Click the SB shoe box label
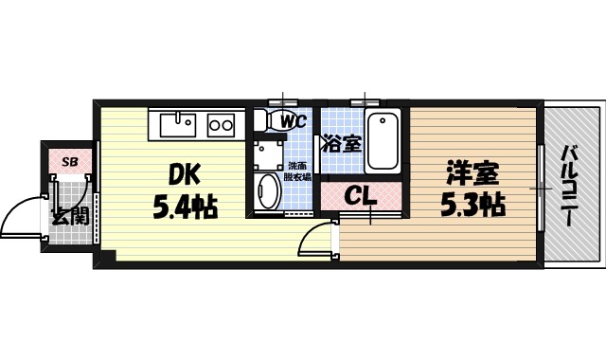70,161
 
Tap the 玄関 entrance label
70,216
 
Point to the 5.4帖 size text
186,206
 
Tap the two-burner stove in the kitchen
222,123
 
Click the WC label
292,121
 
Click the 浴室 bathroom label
341,145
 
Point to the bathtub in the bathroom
383,140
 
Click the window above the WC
283,100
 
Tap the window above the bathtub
365,100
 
